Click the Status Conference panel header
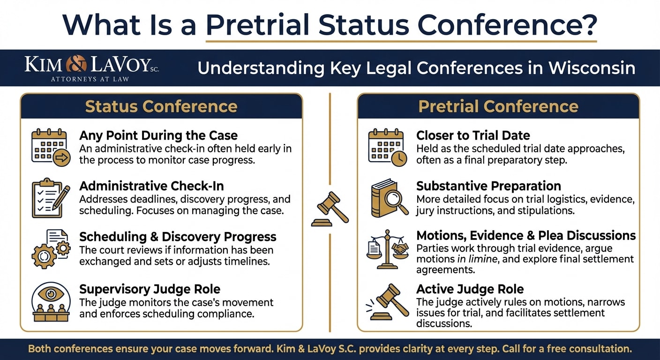[161, 106]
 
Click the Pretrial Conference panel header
[498, 106]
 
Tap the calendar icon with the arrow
[51, 147]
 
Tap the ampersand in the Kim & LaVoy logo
[76, 64]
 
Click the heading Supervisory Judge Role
[150, 289]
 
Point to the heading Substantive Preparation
[488, 186]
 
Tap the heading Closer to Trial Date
[473, 135]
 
